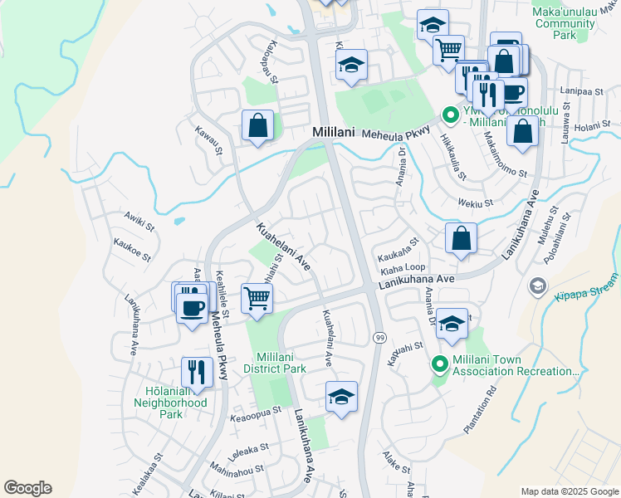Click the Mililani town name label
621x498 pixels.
point(334,133)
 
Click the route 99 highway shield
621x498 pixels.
point(379,338)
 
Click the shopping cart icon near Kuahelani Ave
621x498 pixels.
point(257,297)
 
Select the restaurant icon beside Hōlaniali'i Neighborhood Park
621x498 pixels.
point(197,371)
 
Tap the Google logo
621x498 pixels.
point(27,488)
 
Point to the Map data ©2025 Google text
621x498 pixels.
point(570,491)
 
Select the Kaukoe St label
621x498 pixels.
point(132,251)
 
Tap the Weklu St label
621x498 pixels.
point(477,202)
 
